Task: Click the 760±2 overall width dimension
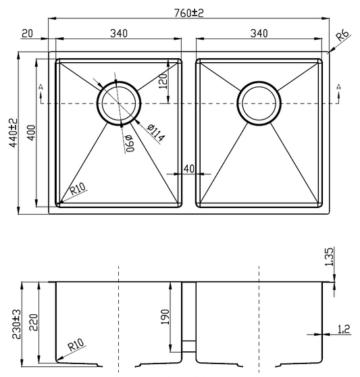point(189,13)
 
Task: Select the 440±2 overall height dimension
point(14,132)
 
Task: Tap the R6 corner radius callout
point(342,35)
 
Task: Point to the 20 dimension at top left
point(27,33)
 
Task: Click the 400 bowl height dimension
point(31,132)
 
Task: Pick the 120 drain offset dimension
point(163,81)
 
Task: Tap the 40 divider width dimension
point(189,169)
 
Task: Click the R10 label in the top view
point(78,188)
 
